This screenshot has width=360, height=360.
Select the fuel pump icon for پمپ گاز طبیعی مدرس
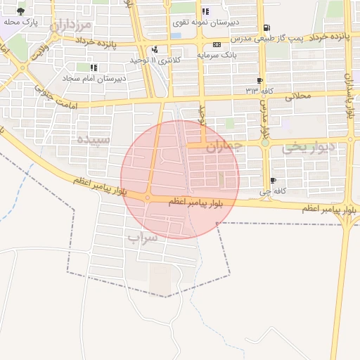[x=266, y=27]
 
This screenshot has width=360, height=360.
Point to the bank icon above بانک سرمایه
[x=217, y=45]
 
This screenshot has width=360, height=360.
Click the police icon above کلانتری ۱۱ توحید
[x=154, y=49]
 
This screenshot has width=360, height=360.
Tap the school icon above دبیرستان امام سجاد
[x=93, y=67]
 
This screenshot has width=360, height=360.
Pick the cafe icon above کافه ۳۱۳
[x=260, y=81]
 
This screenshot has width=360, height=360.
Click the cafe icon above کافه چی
[x=273, y=181]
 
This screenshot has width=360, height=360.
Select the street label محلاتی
[x=288, y=96]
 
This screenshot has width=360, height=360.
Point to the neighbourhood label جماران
[x=224, y=148]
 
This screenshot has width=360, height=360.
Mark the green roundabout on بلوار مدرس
[x=265, y=143]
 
